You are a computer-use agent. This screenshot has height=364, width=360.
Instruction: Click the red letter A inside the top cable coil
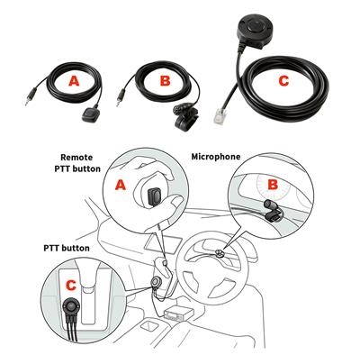tap(74, 81)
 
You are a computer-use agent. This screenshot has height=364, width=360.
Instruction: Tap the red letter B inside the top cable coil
tap(165, 80)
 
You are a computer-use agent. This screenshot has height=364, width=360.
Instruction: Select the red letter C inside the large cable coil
tap(283, 81)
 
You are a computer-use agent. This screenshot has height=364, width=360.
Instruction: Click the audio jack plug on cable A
tap(31, 96)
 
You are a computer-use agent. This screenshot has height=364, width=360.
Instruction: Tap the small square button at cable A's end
tap(88, 114)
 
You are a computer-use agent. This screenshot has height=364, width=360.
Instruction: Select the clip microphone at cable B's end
tap(184, 117)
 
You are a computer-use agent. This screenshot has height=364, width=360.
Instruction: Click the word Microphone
tap(216, 157)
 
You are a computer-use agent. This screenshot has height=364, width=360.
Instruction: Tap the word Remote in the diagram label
tap(76, 158)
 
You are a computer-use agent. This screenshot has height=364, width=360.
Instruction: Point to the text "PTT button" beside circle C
tap(67, 249)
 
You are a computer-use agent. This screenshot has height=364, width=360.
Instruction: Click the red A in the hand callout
tap(121, 186)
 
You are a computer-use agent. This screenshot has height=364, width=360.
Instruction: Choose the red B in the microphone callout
tap(273, 185)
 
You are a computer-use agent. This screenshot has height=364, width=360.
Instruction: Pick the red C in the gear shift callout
tap(71, 286)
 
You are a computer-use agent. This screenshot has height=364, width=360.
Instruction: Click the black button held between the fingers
tap(155, 196)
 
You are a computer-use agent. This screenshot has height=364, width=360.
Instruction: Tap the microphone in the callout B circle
tap(273, 211)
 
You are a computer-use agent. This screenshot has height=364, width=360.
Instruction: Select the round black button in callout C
tap(70, 306)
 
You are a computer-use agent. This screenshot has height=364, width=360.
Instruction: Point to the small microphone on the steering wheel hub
tap(220, 253)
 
